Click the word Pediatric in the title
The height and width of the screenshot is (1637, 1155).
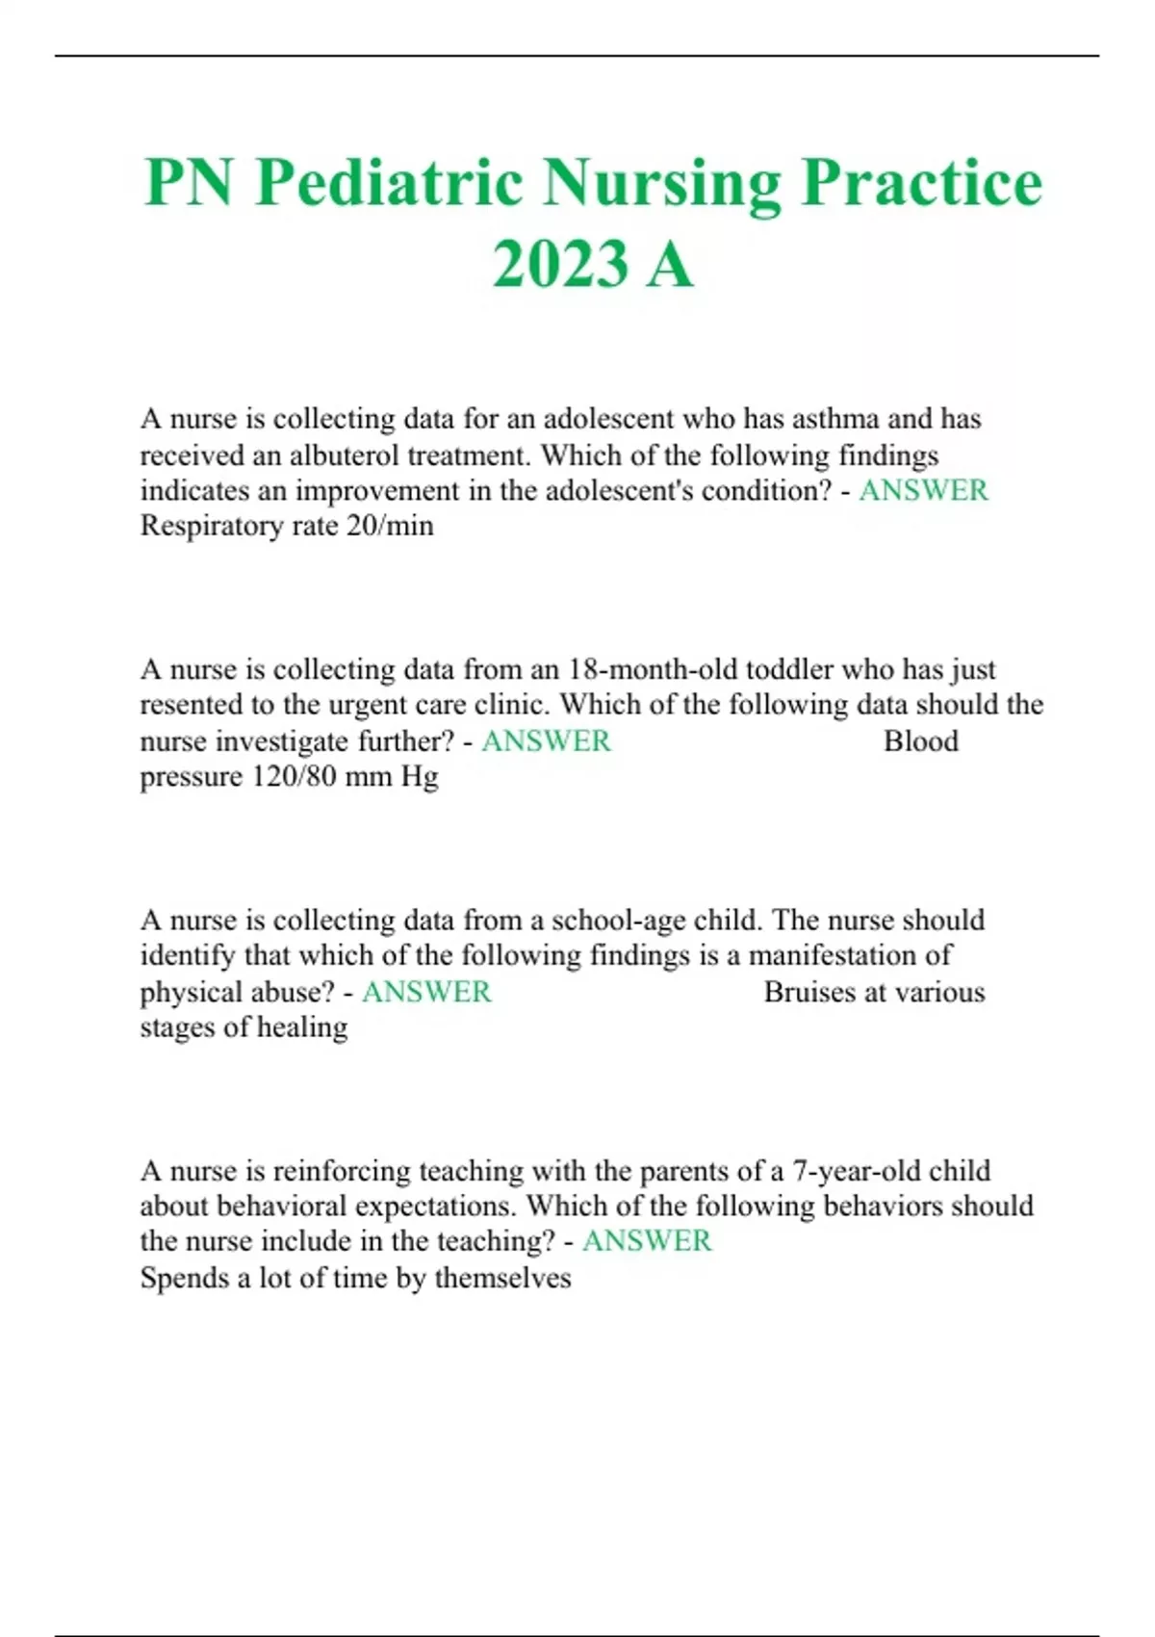tap(390, 183)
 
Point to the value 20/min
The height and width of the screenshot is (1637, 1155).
tap(395, 526)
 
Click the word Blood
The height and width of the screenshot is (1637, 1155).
tap(920, 741)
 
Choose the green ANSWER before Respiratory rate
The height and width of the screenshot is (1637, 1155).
tap(923, 490)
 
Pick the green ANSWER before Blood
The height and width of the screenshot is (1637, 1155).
tap(546, 741)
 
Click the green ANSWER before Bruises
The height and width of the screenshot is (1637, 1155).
tap(426, 992)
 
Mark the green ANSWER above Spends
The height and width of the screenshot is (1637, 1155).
tap(647, 1241)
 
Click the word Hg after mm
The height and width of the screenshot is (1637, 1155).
tap(420, 776)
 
